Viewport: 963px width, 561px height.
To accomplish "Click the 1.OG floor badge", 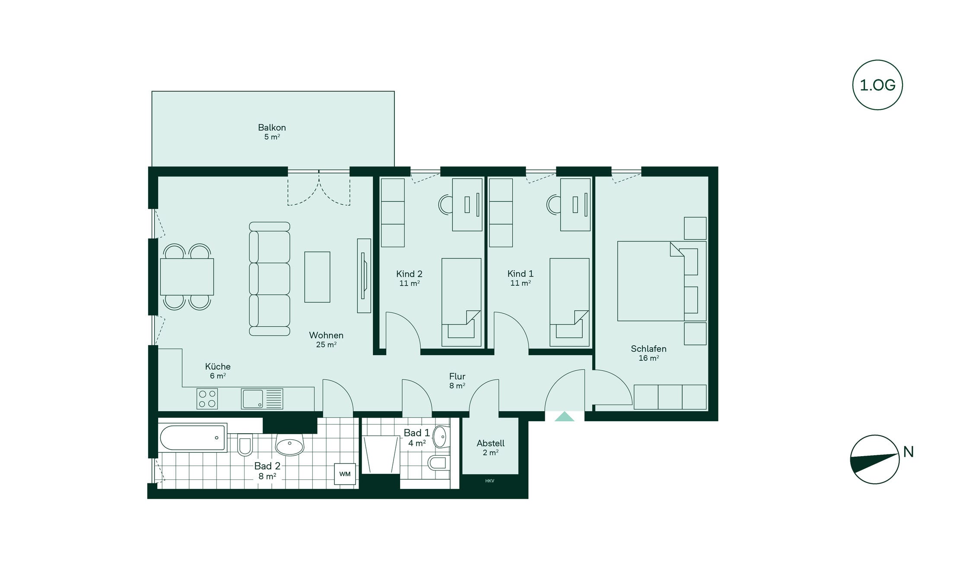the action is [877, 85].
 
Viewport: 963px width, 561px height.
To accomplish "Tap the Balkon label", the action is [272, 128].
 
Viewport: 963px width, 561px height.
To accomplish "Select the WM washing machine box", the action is [345, 474].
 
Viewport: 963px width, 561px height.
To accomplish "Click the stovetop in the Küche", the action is [207, 399].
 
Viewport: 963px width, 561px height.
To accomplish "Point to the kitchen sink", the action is [262, 399].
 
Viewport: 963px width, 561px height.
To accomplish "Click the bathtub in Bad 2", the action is [193, 438].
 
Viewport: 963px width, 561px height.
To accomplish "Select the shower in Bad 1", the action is [381, 455].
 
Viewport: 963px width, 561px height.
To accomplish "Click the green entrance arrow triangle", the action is [564, 416].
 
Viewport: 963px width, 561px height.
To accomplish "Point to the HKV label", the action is [489, 481].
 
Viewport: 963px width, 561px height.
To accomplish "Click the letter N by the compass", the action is [909, 452].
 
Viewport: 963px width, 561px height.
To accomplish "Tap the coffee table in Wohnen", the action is [317, 277].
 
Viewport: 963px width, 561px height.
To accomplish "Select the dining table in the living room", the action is [187, 277].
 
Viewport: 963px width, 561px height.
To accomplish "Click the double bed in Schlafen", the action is [661, 281].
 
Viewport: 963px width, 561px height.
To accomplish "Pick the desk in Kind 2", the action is [467, 205].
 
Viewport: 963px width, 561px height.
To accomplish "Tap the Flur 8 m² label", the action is [457, 381].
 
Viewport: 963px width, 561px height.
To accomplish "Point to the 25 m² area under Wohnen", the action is [326, 344].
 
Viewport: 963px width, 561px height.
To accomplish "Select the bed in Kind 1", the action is [569, 302].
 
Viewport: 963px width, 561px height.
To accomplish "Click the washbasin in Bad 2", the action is [289, 444].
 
